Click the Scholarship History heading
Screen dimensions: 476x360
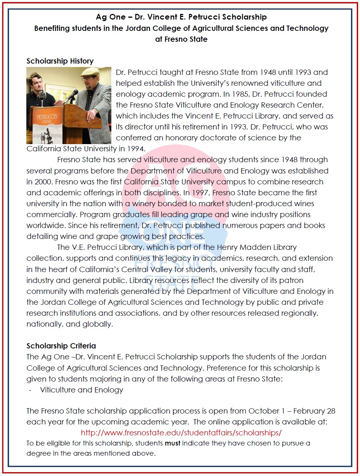[60, 61]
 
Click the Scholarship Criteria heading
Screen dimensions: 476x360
[61, 346]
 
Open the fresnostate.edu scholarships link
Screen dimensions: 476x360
[181, 433]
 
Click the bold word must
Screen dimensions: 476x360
[172, 443]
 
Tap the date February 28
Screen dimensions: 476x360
[314, 411]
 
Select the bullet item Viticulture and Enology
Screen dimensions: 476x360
[82, 390]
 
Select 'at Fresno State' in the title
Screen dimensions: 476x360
[181, 39]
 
